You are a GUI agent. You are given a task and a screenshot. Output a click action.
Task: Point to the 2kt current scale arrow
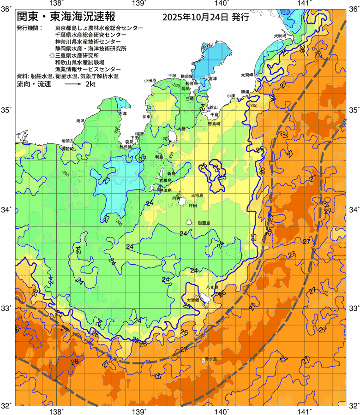pos(73,85)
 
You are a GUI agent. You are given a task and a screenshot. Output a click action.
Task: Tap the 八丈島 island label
pos(212,288)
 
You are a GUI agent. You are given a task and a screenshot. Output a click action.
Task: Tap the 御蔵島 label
pos(204,223)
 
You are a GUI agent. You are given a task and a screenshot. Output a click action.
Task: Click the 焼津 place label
pos(81,120)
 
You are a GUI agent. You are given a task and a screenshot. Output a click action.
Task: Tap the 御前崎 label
pos(68,149)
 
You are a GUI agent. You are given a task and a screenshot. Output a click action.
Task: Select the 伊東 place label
pos(147,117)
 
